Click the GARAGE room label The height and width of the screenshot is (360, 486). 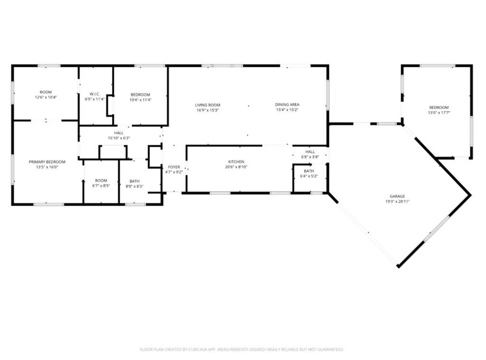[397, 196]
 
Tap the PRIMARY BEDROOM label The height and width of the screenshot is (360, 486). [47, 162]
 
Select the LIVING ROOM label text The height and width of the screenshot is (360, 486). [207, 105]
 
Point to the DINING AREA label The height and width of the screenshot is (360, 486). [287, 105]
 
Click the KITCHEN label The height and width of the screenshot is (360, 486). [236, 162]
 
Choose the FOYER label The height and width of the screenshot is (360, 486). [174, 167]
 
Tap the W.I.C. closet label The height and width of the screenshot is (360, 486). [94, 94]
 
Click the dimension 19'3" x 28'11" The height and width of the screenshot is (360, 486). [397, 201]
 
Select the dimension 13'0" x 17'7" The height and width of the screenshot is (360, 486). [439, 113]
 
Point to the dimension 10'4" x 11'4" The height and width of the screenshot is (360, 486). [140, 100]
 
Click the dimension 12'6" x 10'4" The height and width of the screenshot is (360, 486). [46, 97]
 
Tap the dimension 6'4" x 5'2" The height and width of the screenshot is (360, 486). [308, 176]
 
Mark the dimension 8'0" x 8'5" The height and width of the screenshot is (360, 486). [134, 186]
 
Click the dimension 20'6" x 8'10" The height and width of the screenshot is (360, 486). [236, 167]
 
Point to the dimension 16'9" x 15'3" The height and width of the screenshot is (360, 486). [207, 110]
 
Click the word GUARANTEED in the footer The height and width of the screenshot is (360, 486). [328, 350]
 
